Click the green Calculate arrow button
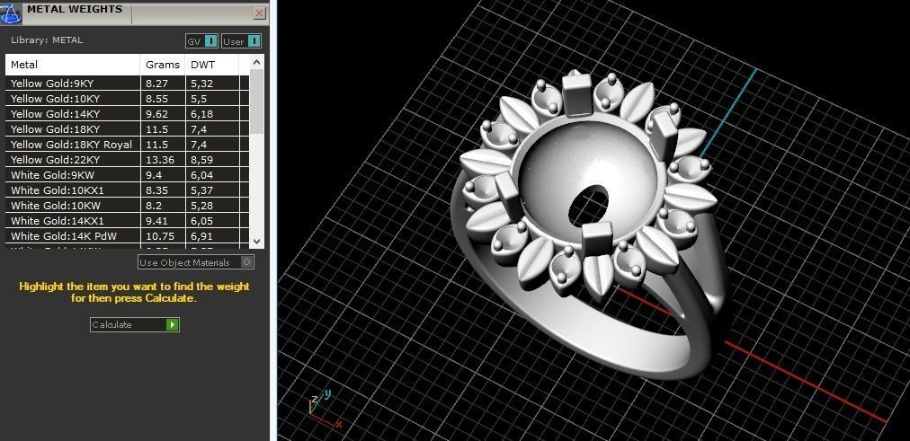[x=173, y=325]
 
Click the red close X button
[x=259, y=13]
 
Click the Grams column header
[x=162, y=66]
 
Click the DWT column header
[x=201, y=66]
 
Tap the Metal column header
[x=24, y=66]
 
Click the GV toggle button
[x=201, y=41]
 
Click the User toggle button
[x=241, y=41]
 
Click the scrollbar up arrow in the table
[x=256, y=63]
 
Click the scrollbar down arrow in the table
[x=256, y=241]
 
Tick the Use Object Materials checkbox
[x=247, y=262]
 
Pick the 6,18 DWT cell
[x=201, y=114]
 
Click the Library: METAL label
[x=47, y=40]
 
